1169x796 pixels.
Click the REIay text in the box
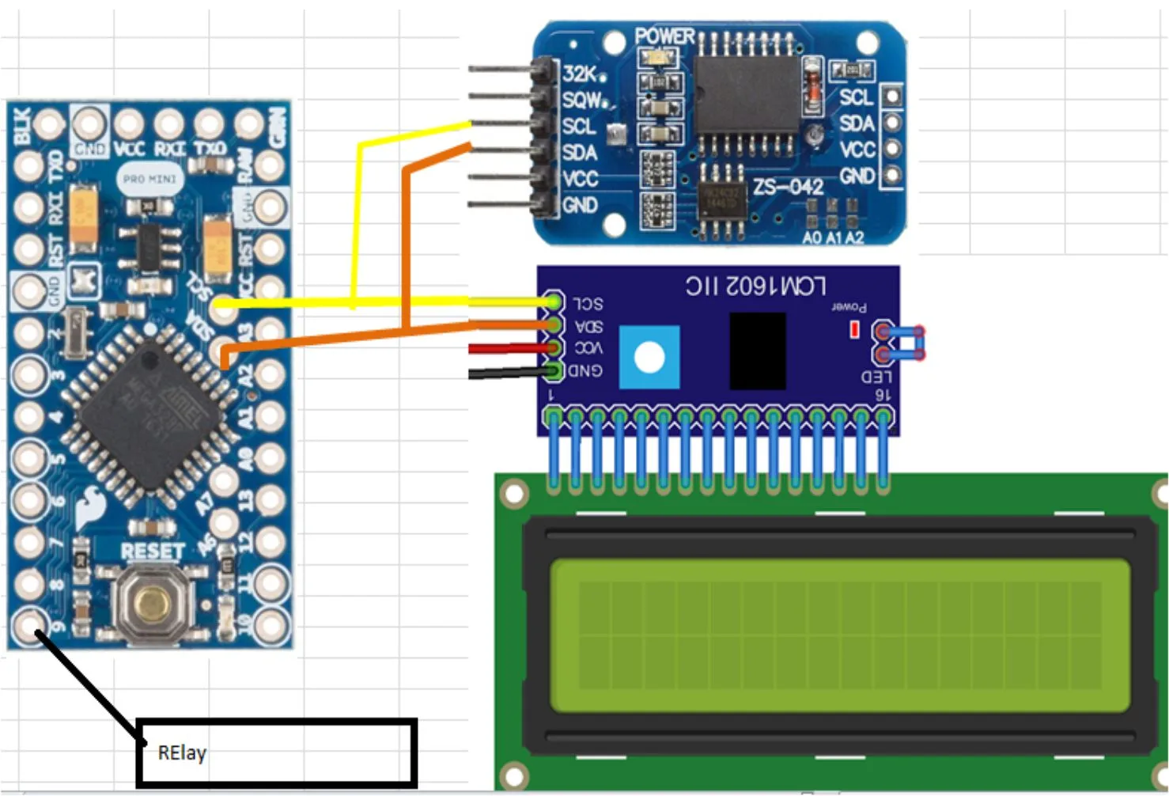pos(182,752)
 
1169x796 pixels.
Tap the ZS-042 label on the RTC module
pos(788,188)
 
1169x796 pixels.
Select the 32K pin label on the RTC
pos(580,74)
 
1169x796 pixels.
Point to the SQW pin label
pos(582,100)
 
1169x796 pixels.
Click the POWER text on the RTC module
pos(664,36)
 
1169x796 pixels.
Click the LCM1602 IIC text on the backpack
pos(755,286)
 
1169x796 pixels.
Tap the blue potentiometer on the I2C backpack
pos(649,358)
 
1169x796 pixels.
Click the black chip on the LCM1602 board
pos(757,351)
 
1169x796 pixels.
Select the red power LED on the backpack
pos(854,329)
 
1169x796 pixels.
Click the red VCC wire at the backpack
pos(506,348)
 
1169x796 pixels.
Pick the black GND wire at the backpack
pos(506,372)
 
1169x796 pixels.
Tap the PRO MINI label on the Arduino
pos(149,180)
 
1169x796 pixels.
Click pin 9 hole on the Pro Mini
pos(30,624)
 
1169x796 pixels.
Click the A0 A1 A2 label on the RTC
pos(833,237)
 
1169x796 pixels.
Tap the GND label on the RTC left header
pos(580,206)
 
